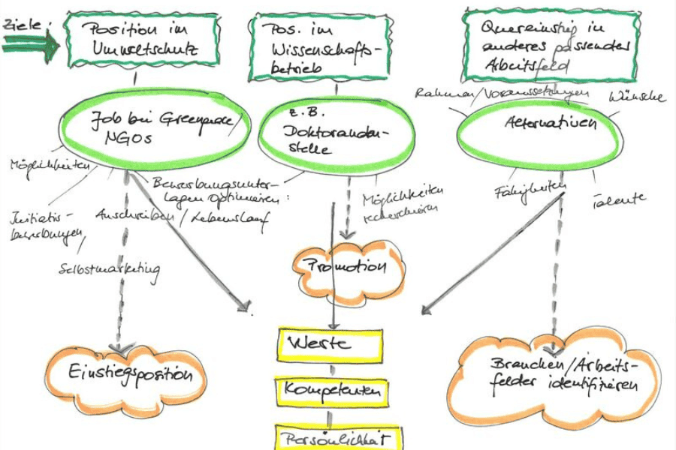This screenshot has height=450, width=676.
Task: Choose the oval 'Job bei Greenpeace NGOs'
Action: tap(154, 129)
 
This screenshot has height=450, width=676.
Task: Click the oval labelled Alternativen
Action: tap(539, 128)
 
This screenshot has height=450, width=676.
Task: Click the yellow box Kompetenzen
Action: tap(331, 390)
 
